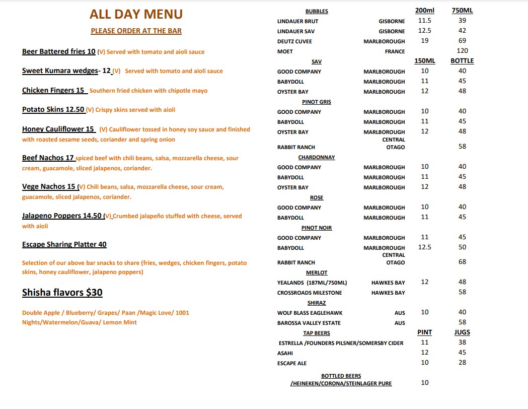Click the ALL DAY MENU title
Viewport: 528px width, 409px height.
(136, 14)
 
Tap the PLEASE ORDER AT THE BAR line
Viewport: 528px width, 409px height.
(136, 31)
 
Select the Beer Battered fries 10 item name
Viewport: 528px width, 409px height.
(58, 51)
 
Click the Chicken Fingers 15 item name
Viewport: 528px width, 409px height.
(53, 90)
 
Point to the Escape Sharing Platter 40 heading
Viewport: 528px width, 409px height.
(64, 244)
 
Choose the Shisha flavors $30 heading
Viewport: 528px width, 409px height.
(62, 293)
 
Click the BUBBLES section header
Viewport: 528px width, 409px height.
(317, 11)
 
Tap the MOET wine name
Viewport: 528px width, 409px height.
(285, 51)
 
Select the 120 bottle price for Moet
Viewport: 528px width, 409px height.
(462, 50)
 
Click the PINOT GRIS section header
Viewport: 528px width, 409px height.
(317, 102)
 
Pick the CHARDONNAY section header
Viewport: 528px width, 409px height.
(317, 157)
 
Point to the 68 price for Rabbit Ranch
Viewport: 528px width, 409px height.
(462, 262)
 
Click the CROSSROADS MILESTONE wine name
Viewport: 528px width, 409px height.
(310, 293)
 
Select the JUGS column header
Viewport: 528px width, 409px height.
(462, 332)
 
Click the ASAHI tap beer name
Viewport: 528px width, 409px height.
(285, 353)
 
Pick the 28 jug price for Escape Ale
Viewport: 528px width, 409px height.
(462, 363)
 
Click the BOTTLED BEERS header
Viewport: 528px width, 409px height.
(341, 376)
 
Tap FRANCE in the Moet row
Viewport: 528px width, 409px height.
(395, 51)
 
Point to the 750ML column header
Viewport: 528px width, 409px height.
(462, 11)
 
